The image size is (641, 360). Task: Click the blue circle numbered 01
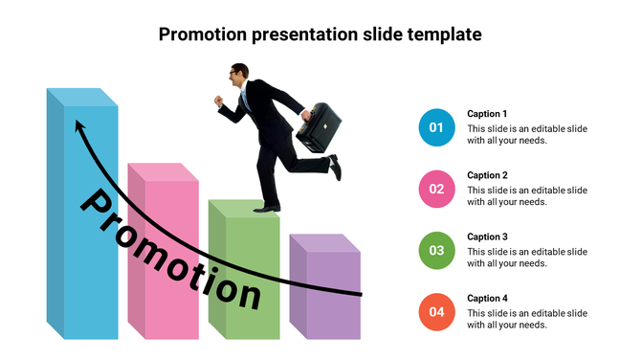coord(436,127)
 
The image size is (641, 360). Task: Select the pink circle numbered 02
coord(436,189)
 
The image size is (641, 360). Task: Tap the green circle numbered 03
coord(436,250)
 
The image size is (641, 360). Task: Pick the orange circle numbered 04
coord(436,311)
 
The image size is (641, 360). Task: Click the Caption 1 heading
coord(487,114)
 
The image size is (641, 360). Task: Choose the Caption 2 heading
coord(487,175)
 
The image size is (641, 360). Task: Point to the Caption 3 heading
coord(487,236)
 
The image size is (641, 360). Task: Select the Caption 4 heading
coord(487,298)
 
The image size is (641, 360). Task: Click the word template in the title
coord(442,34)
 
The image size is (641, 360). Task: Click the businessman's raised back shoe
coord(335,168)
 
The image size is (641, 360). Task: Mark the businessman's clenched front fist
coord(219,100)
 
